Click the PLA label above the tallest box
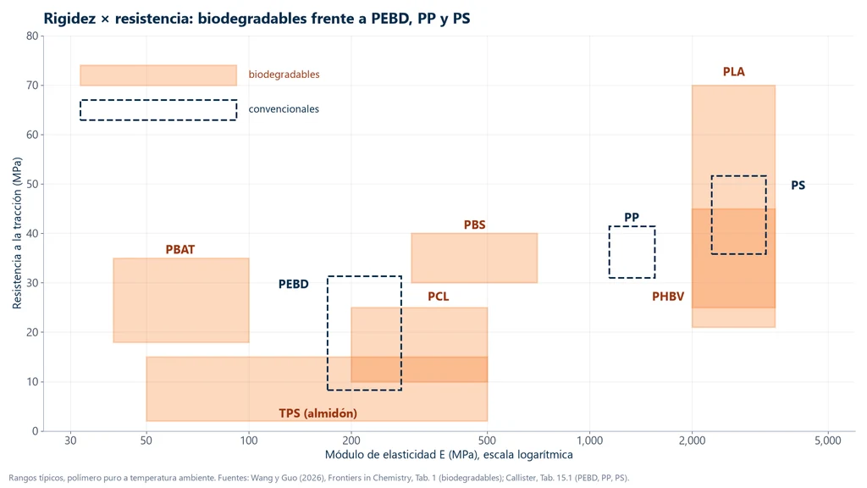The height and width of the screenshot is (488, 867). tap(734, 72)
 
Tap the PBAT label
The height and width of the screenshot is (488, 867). tap(180, 250)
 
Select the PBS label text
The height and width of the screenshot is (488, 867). tap(474, 225)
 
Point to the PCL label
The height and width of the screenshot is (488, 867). tap(438, 297)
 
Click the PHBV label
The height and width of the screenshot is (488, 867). tap(668, 297)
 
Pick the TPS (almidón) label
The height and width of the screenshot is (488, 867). tap(318, 413)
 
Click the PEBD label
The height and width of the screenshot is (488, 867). tap(293, 285)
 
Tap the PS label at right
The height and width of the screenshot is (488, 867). tap(798, 186)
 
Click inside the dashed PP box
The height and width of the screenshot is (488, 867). tap(632, 252)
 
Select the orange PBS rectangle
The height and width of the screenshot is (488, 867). tap(474, 258)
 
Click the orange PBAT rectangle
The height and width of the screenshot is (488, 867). tap(181, 301)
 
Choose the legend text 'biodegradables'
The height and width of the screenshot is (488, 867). tap(284, 75)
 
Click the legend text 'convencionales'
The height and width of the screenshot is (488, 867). tap(284, 109)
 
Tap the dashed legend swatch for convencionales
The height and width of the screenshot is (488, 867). tap(158, 100)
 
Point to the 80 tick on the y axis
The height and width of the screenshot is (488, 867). tap(32, 36)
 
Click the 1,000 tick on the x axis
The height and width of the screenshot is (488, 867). tap(589, 441)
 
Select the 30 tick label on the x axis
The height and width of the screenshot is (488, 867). tap(70, 441)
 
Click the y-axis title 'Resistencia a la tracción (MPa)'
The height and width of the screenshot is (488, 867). tap(17, 233)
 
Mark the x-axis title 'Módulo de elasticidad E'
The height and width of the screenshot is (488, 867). tap(385, 455)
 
